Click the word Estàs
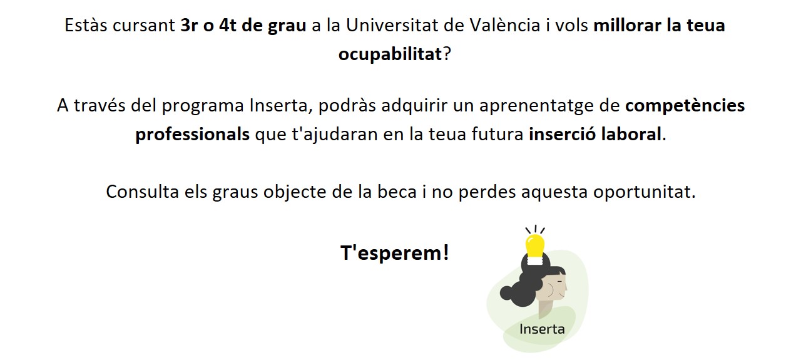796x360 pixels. coord(86,25)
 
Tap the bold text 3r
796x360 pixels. coord(189,25)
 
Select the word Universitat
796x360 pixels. coord(392,25)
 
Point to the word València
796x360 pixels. coord(505,25)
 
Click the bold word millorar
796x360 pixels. coord(627,25)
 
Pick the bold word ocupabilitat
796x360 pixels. coord(390,54)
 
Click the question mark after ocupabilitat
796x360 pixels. coord(446,54)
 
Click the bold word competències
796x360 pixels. coord(685,106)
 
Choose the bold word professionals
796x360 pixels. coord(192,135)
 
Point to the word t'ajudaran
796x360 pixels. coord(334,135)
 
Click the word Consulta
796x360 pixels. coord(142,192)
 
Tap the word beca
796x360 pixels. coord(397,192)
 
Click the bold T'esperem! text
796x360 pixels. coord(395,254)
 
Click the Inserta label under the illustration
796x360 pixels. coord(542,329)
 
